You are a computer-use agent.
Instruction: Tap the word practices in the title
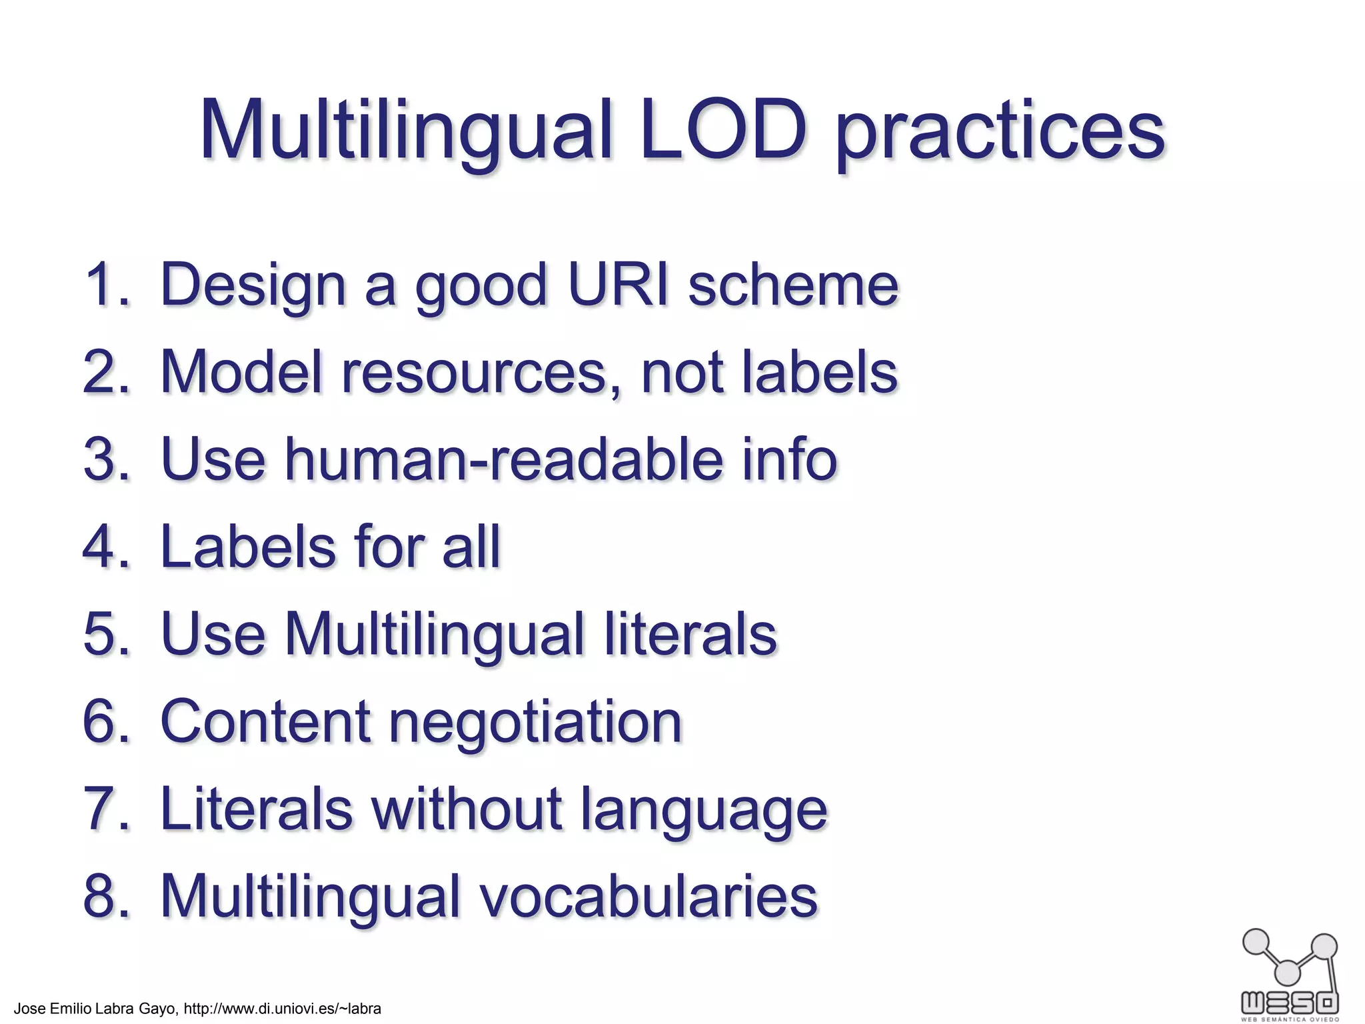(1000, 133)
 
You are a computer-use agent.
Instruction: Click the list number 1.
(107, 285)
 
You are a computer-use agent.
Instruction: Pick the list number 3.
(107, 459)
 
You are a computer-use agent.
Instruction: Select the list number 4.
(107, 547)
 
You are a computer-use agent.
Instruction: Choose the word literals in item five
(690, 634)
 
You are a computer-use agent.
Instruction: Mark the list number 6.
(107, 721)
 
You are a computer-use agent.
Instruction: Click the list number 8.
(107, 896)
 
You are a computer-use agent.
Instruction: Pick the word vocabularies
(649, 896)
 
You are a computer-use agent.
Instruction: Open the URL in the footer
(282, 1009)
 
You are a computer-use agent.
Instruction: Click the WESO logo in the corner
(1290, 973)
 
